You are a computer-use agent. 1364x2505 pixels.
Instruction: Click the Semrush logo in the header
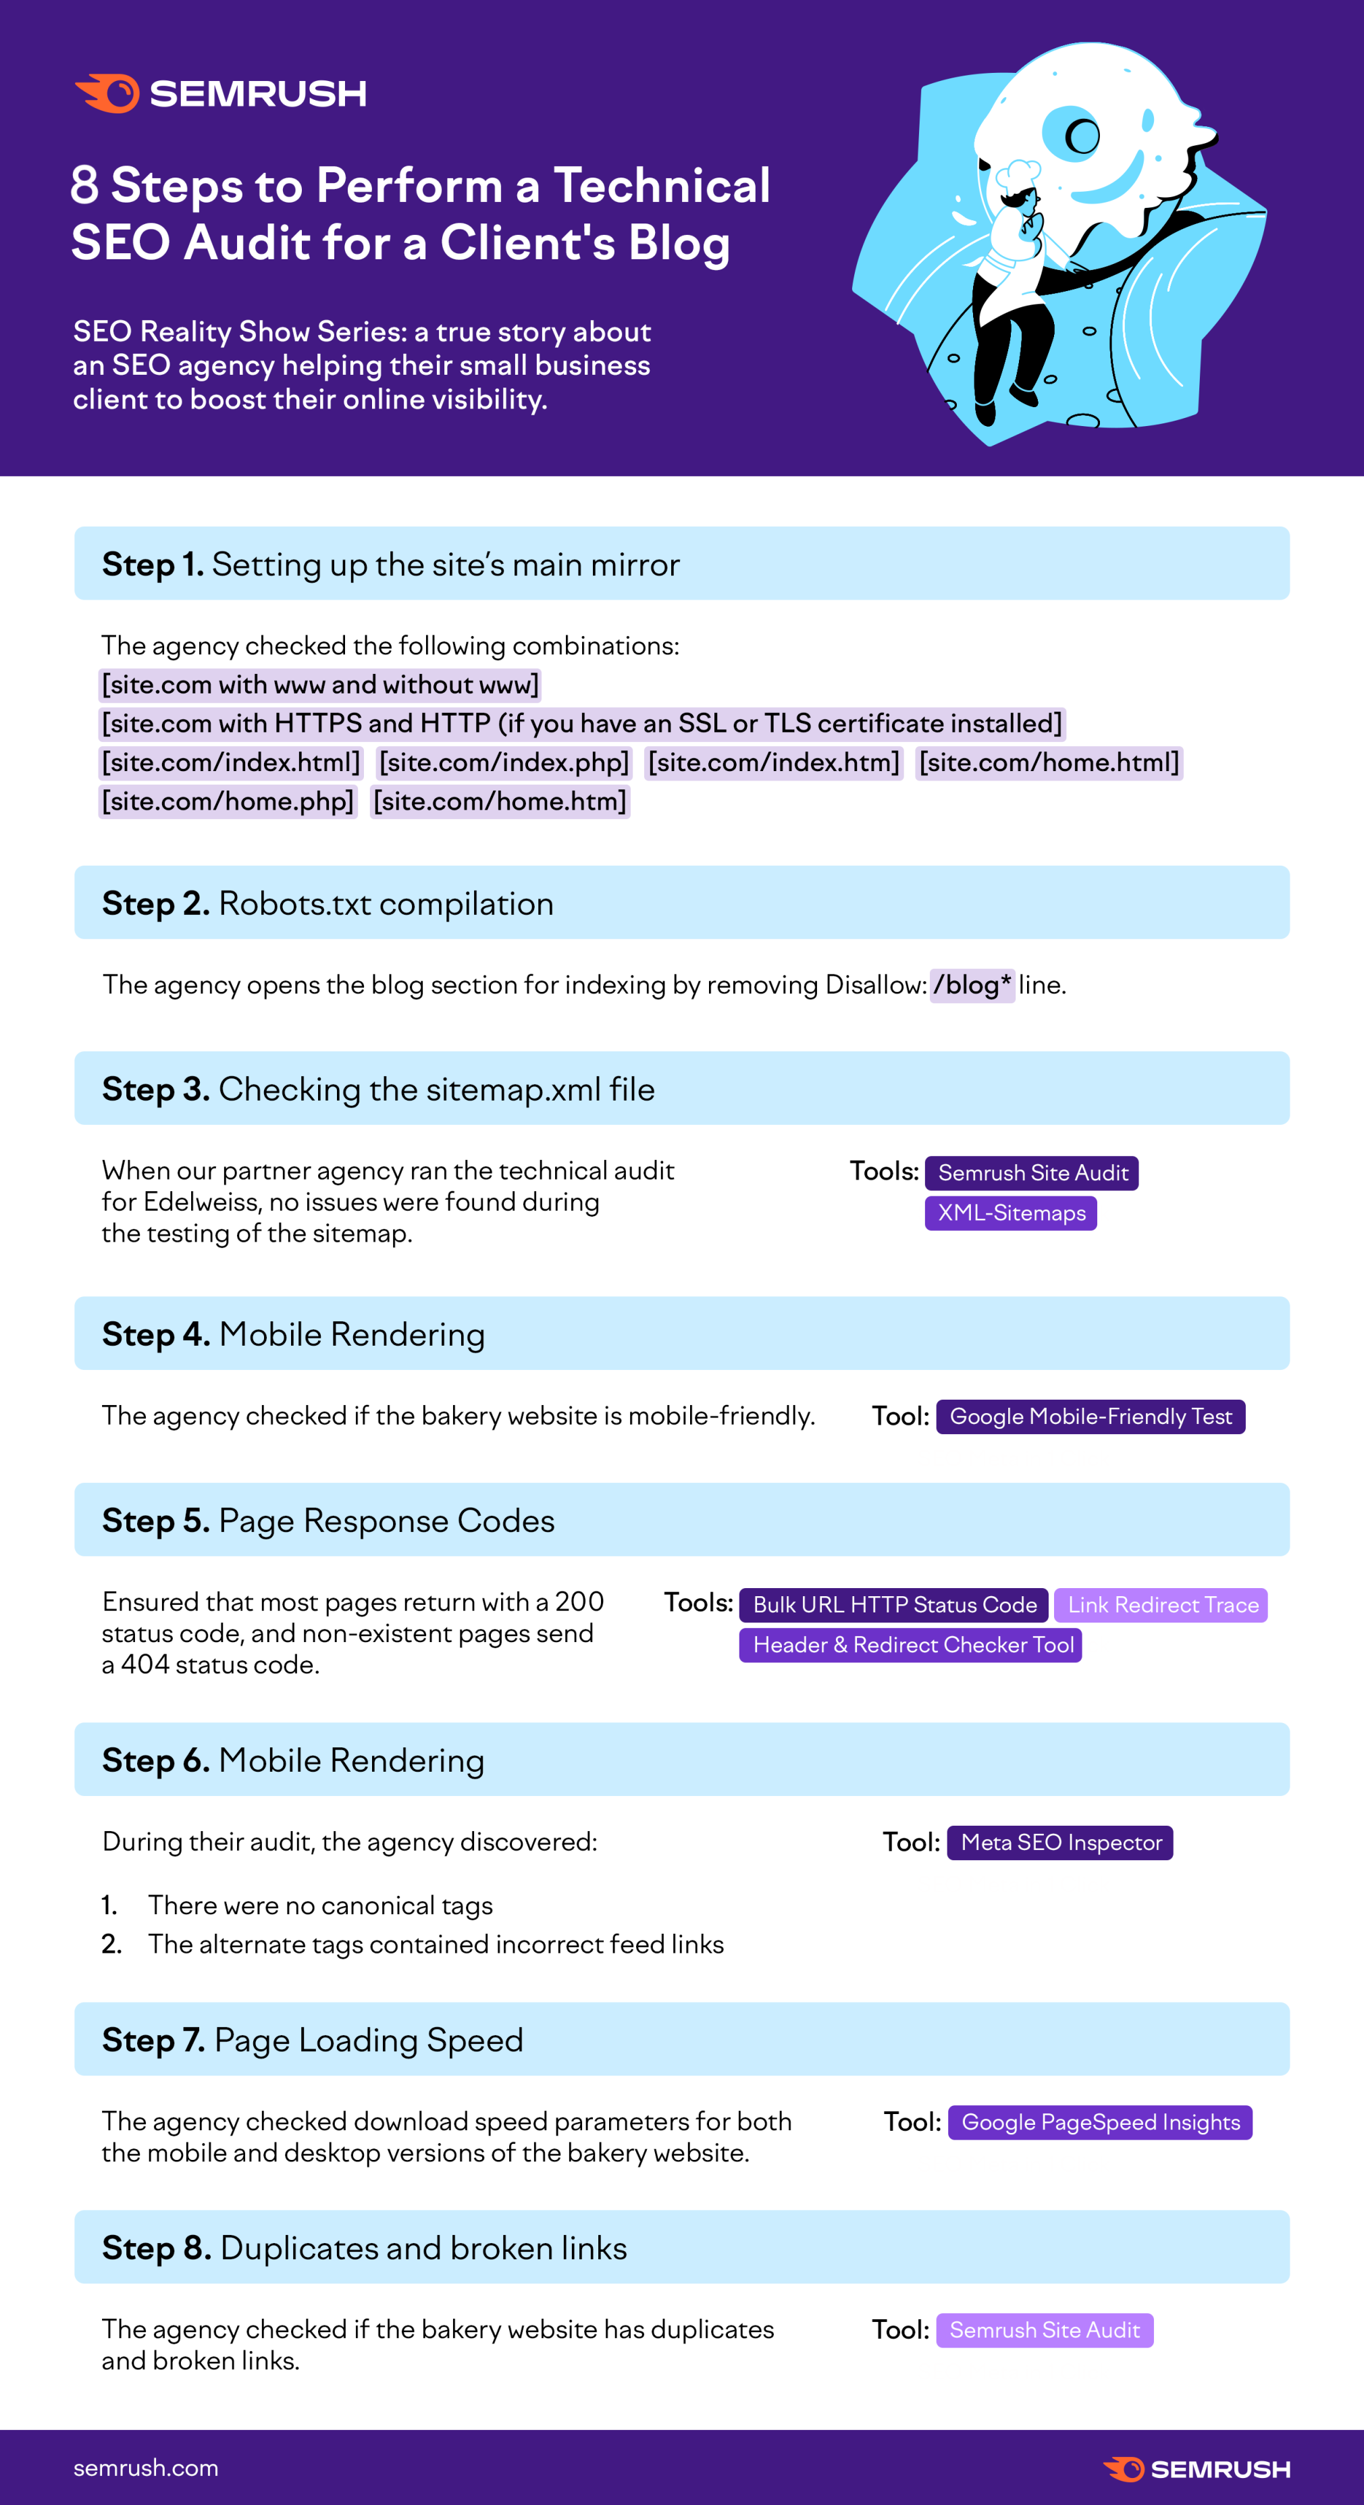click(x=221, y=93)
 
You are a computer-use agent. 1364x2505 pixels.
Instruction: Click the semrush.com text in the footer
click(x=146, y=2467)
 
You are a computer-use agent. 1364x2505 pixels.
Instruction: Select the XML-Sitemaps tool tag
click(x=1011, y=1213)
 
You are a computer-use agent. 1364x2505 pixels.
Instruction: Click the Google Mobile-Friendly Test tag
click(x=1090, y=1416)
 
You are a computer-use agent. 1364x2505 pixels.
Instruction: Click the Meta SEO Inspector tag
click(x=1061, y=1842)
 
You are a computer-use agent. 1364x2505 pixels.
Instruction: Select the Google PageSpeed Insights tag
click(x=1099, y=2122)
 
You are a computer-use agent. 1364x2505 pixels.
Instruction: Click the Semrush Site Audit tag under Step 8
click(x=1044, y=2330)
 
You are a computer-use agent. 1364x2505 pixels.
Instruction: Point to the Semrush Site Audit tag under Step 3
click(x=1032, y=1173)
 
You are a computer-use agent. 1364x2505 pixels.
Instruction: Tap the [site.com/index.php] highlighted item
click(x=504, y=762)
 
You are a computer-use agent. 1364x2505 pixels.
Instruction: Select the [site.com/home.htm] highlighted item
click(x=500, y=801)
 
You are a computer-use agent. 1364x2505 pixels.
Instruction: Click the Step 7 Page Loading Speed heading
click(x=313, y=2039)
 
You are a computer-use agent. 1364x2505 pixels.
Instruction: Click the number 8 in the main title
click(x=84, y=185)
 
